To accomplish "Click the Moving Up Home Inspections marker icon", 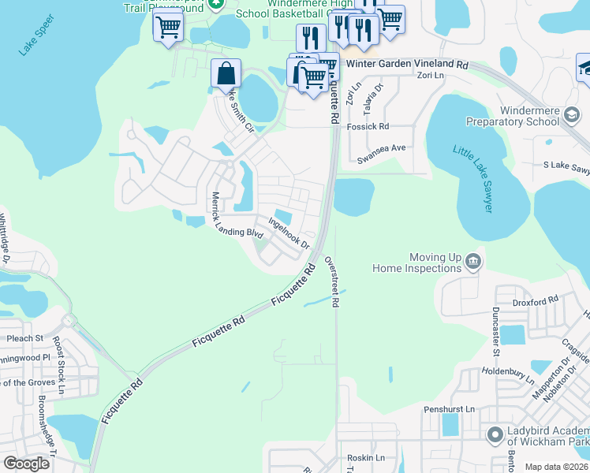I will click(x=472, y=261).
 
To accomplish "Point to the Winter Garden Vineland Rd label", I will click(x=424, y=65).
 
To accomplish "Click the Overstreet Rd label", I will click(x=334, y=280).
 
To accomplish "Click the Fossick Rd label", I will click(x=372, y=126).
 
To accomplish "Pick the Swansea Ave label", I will click(x=381, y=147).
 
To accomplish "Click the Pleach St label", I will click(x=24, y=338).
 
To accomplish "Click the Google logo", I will click(x=27, y=464).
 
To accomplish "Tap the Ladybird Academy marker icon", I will click(x=495, y=434).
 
